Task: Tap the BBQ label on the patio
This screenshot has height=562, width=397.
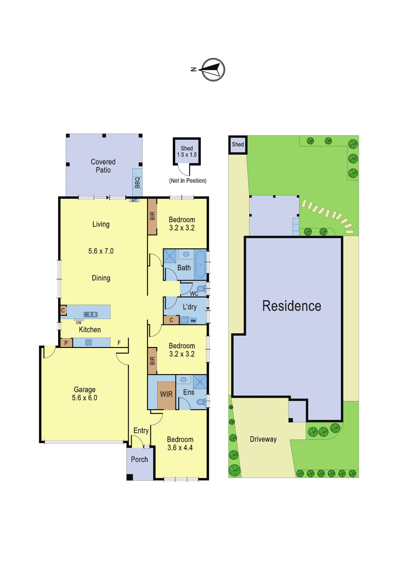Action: click(137, 182)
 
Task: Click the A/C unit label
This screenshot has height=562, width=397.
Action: click(134, 200)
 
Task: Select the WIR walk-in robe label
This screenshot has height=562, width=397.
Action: click(166, 394)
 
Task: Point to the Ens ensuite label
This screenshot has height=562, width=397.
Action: click(189, 392)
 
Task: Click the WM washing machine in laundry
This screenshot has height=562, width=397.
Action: click(193, 321)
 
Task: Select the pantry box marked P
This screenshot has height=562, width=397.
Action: click(66, 343)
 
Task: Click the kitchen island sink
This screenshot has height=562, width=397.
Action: click(90, 314)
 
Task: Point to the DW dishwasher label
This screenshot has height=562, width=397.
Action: click(79, 323)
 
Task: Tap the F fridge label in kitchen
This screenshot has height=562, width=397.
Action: click(119, 342)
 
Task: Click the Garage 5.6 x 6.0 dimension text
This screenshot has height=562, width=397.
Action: click(85, 398)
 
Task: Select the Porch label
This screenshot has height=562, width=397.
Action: click(140, 459)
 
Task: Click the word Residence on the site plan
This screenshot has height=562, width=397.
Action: click(292, 306)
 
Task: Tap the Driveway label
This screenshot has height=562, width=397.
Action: click(263, 439)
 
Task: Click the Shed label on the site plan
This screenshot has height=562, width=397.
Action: click(238, 144)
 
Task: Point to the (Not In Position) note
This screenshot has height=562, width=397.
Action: click(188, 180)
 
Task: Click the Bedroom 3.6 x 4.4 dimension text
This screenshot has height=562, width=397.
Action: click(180, 448)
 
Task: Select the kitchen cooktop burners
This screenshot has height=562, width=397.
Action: click(89, 342)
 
